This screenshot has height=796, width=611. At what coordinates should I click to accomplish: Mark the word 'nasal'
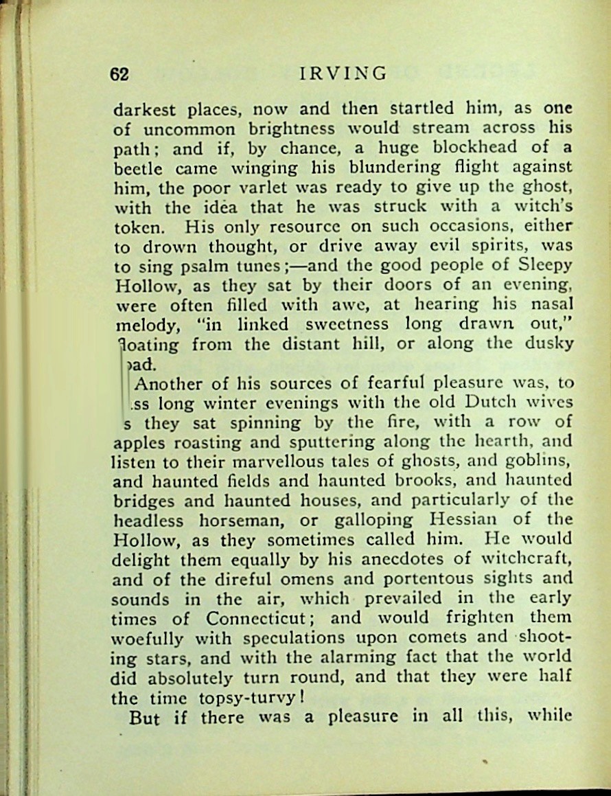pyautogui.click(x=553, y=304)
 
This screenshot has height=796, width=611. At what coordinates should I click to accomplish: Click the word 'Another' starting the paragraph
pyautogui.click(x=169, y=383)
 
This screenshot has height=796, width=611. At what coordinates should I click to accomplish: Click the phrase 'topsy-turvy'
pyautogui.click(x=245, y=698)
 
